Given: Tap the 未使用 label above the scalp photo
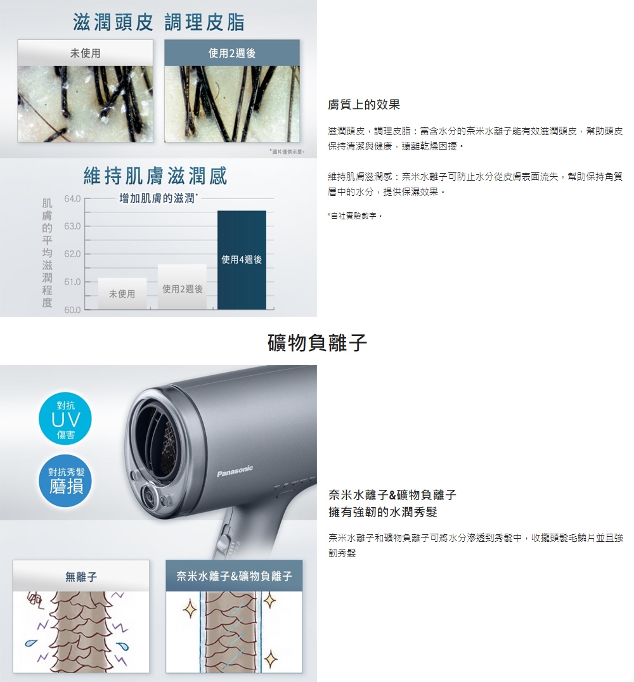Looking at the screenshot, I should pyautogui.click(x=85, y=54).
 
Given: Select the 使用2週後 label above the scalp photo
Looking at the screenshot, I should pyautogui.click(x=232, y=54).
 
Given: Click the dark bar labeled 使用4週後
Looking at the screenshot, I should pyautogui.click(x=242, y=260).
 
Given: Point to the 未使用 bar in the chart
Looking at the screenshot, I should pyautogui.click(x=122, y=294).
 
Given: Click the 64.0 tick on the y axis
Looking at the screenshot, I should pyautogui.click(x=73, y=200).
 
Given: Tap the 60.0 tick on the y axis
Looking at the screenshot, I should pyautogui.click(x=73, y=310).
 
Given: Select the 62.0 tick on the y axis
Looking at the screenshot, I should pyautogui.click(x=73, y=254).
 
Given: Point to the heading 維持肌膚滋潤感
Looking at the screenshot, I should pyautogui.click(x=155, y=176).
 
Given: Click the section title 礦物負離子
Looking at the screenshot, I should pyautogui.click(x=317, y=343).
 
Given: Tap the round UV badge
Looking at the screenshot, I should pyautogui.click(x=65, y=418).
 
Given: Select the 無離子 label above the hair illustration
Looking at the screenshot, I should pyautogui.click(x=81, y=576).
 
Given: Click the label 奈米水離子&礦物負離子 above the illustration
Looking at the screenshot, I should pyautogui.click(x=234, y=576).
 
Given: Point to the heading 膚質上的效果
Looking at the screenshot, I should pyautogui.click(x=364, y=104).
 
